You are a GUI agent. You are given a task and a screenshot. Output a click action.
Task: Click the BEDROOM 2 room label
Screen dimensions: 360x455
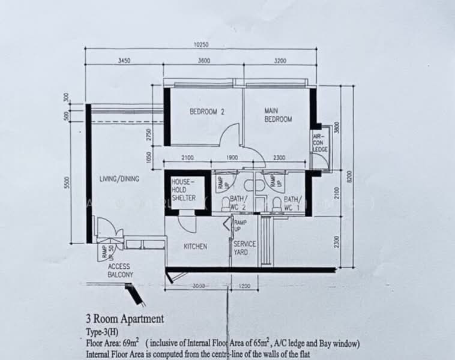tap(207, 112)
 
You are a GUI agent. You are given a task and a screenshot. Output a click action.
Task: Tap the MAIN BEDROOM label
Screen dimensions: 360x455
tap(278, 115)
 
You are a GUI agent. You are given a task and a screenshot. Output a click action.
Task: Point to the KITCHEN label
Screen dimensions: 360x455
tap(195, 247)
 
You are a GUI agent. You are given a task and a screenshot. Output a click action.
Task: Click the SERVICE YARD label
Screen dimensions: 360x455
tap(244, 248)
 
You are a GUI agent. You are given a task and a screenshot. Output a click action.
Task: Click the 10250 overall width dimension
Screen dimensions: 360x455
tap(201, 44)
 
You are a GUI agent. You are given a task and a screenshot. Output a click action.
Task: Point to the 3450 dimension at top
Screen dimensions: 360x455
tap(124, 61)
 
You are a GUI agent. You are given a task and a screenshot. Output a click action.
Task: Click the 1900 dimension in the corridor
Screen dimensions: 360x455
tap(233, 158)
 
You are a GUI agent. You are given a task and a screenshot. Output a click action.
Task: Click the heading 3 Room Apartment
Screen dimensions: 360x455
tap(125, 319)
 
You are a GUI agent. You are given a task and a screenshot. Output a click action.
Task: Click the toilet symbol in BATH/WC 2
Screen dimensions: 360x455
tap(225, 205)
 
